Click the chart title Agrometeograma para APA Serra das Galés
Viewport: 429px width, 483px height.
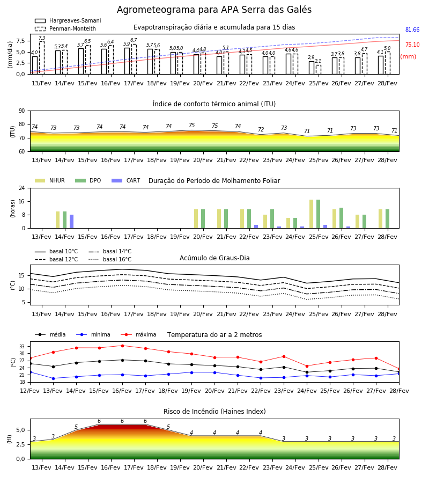pos(214,10)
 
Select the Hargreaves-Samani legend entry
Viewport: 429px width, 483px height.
pos(68,20)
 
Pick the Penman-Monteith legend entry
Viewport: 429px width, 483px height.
pos(65,28)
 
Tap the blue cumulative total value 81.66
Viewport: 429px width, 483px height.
pos(412,30)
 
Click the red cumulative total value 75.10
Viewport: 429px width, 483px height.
pos(412,45)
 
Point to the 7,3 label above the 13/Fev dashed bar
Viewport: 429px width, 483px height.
pos(42,38)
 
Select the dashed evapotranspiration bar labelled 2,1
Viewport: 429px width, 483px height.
pos(318,70)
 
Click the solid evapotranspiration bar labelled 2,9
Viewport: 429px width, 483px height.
pos(312,68)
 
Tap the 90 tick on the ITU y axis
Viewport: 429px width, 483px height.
pos(22,111)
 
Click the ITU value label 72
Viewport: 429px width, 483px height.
pos(261,129)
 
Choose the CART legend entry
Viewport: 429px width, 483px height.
pos(126,180)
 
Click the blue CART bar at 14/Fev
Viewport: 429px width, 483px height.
pos(71,222)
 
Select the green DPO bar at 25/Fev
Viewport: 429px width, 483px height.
pos(318,214)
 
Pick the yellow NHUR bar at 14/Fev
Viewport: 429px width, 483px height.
pos(57,220)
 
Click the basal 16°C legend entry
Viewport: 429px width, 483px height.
pos(110,259)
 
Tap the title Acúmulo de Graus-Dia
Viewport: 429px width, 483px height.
pos(214,258)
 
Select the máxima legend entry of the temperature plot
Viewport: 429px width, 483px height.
pos(138,334)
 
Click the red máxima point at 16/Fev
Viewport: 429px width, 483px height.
pos(122,346)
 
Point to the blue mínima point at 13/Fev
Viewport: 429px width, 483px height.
pos(53,378)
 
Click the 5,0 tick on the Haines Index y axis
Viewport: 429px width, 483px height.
pos(20,430)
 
